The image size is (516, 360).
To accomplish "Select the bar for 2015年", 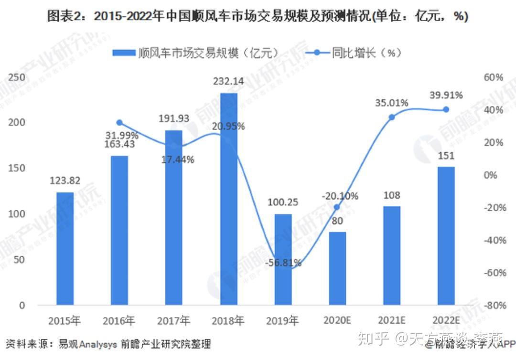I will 65,248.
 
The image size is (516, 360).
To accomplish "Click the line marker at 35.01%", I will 392,117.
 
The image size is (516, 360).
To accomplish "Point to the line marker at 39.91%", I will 446,109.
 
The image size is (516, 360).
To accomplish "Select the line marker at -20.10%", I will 337,207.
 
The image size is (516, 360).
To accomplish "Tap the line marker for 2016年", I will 119,123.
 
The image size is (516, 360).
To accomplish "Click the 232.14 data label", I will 228,82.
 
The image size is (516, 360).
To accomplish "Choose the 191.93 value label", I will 174,118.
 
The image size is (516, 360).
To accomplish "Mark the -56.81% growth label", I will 283,262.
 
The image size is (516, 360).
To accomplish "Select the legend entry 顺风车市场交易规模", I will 207,53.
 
